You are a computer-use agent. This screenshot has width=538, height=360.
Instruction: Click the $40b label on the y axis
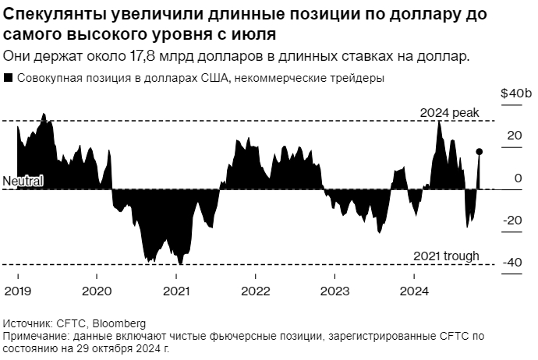(515, 94)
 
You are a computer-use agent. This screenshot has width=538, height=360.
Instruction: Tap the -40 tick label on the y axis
(511, 263)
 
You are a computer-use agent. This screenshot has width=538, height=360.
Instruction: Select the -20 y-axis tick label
(511, 221)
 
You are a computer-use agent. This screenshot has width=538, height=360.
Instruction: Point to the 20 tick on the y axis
(514, 136)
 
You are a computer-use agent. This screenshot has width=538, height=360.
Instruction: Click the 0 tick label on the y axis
(517, 178)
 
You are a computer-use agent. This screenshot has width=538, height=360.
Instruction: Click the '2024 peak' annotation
(449, 113)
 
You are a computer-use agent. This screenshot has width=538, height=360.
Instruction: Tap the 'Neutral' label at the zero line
(23, 181)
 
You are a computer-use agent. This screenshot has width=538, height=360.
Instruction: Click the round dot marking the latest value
(480, 152)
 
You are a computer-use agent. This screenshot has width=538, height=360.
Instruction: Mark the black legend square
(8, 78)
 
